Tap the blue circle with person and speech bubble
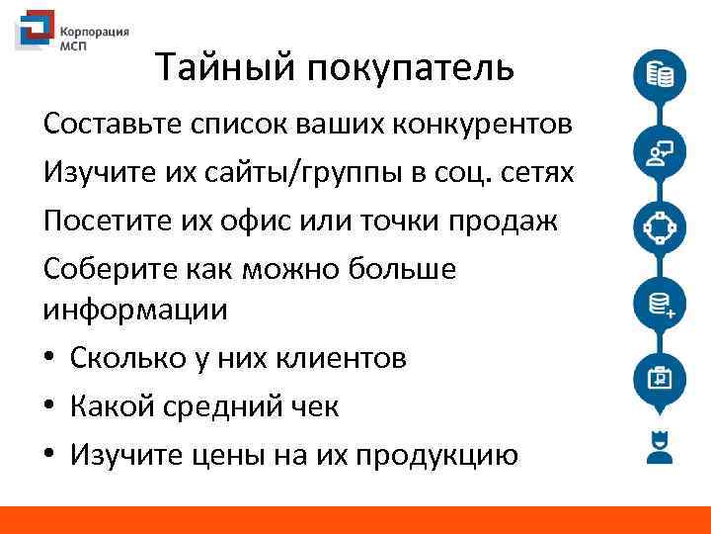point(659,151)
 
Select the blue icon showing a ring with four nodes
point(659,227)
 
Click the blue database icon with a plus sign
point(659,304)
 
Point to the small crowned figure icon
point(658,446)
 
